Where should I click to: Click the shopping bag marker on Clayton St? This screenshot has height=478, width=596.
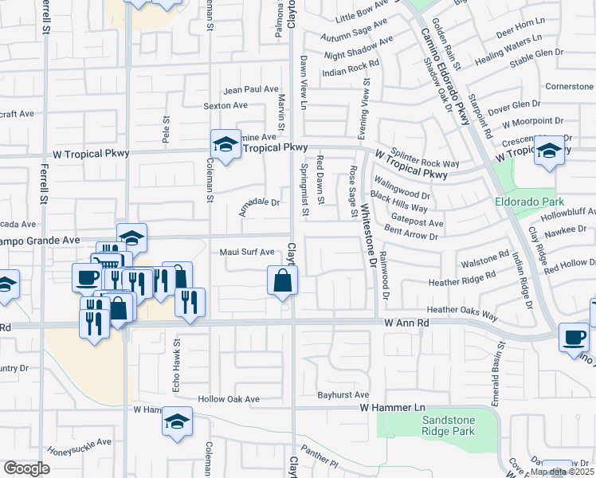(x=282, y=280)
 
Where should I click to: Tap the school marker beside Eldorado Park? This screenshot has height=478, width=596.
(x=549, y=151)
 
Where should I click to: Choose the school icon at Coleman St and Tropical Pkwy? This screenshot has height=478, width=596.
(x=226, y=144)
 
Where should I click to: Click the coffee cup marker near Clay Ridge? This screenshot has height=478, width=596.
(x=574, y=338)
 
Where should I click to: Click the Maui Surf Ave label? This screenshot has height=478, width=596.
(x=247, y=253)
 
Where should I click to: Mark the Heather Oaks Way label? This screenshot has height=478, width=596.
(x=462, y=311)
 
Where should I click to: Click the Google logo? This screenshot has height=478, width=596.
(x=25, y=468)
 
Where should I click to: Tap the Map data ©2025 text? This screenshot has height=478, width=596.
(x=562, y=472)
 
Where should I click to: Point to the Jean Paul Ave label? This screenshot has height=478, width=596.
(x=250, y=90)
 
